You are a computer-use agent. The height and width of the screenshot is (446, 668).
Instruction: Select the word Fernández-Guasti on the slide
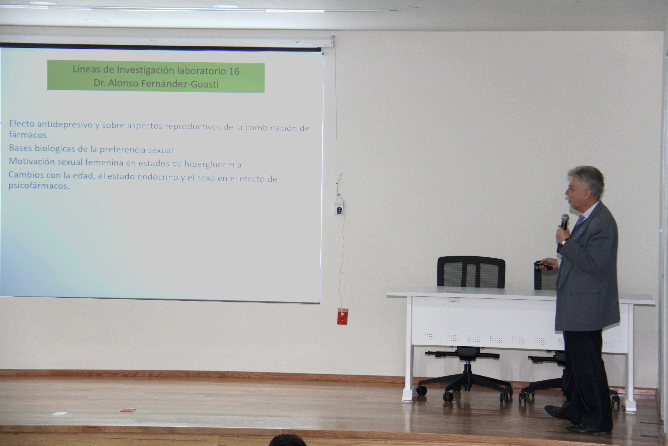[180, 84]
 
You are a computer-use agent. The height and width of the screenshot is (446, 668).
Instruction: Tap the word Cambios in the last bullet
[26, 175]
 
